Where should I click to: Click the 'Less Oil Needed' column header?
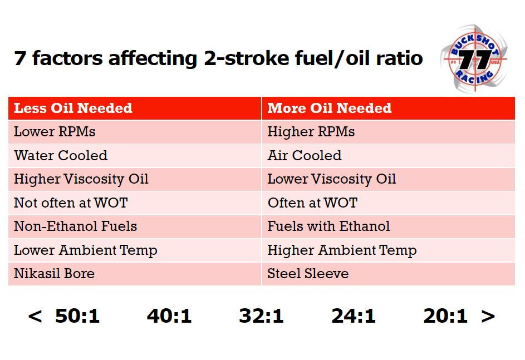click(73, 108)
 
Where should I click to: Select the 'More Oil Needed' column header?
click(329, 108)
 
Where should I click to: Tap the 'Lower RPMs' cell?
click(55, 132)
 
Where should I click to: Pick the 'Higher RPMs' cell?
click(311, 132)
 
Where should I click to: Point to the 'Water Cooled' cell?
click(61, 156)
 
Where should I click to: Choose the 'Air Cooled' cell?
click(304, 156)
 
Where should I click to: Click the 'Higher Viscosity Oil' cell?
click(81, 179)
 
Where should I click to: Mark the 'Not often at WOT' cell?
click(71, 203)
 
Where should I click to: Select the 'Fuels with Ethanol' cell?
click(328, 226)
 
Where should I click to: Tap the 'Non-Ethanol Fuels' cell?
click(75, 226)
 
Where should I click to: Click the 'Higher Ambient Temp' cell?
click(342, 250)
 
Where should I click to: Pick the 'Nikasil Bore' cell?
click(54, 274)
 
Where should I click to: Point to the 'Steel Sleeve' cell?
click(308, 274)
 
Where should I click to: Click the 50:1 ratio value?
click(77, 316)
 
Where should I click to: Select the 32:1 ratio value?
click(261, 316)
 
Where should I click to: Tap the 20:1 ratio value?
click(445, 316)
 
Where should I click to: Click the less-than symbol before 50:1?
click(35, 316)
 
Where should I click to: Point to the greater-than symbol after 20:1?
click(488, 316)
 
